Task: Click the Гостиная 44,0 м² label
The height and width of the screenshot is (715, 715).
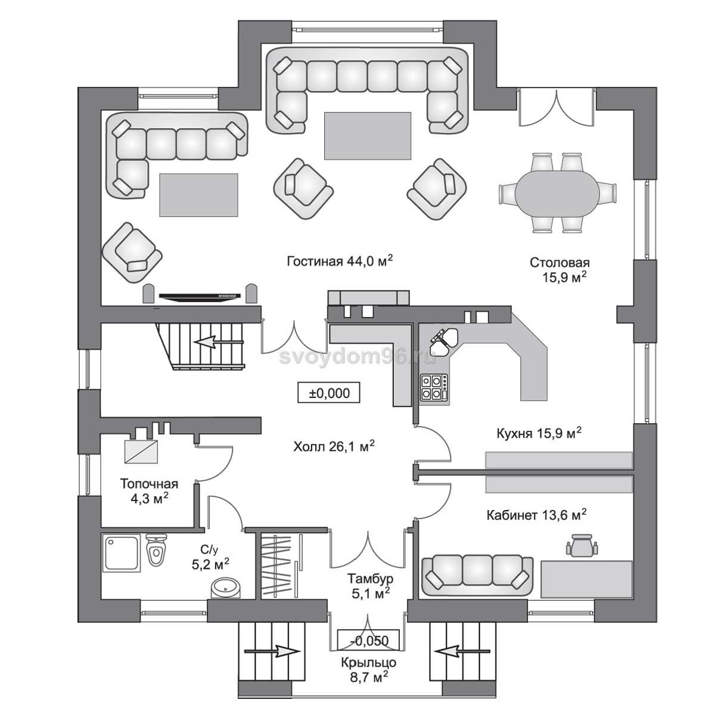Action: coord(340,261)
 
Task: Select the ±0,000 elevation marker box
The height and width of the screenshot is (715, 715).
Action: coord(329,393)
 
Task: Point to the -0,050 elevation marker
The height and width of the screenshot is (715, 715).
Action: coord(368,640)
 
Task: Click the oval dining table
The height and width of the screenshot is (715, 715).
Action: coord(557,192)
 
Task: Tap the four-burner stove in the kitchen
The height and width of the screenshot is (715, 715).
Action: coord(434,388)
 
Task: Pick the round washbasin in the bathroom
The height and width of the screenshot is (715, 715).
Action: coord(226,587)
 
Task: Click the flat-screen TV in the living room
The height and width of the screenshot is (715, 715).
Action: coord(200,296)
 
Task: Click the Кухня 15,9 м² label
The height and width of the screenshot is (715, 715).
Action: coord(539,433)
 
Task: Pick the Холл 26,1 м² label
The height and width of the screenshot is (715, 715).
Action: coord(334,446)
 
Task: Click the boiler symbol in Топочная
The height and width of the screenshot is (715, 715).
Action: coord(141,452)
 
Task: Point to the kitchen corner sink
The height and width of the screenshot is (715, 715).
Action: coord(444,338)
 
